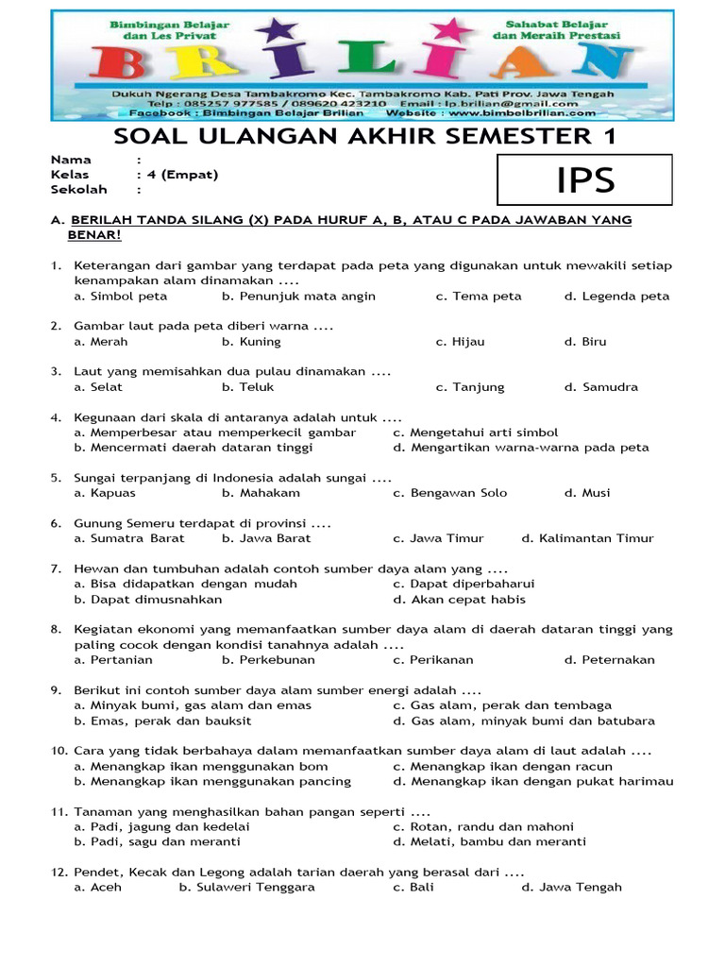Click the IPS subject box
584,179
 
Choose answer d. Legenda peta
616,297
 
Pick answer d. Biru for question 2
585,342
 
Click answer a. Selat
98,387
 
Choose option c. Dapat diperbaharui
464,584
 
